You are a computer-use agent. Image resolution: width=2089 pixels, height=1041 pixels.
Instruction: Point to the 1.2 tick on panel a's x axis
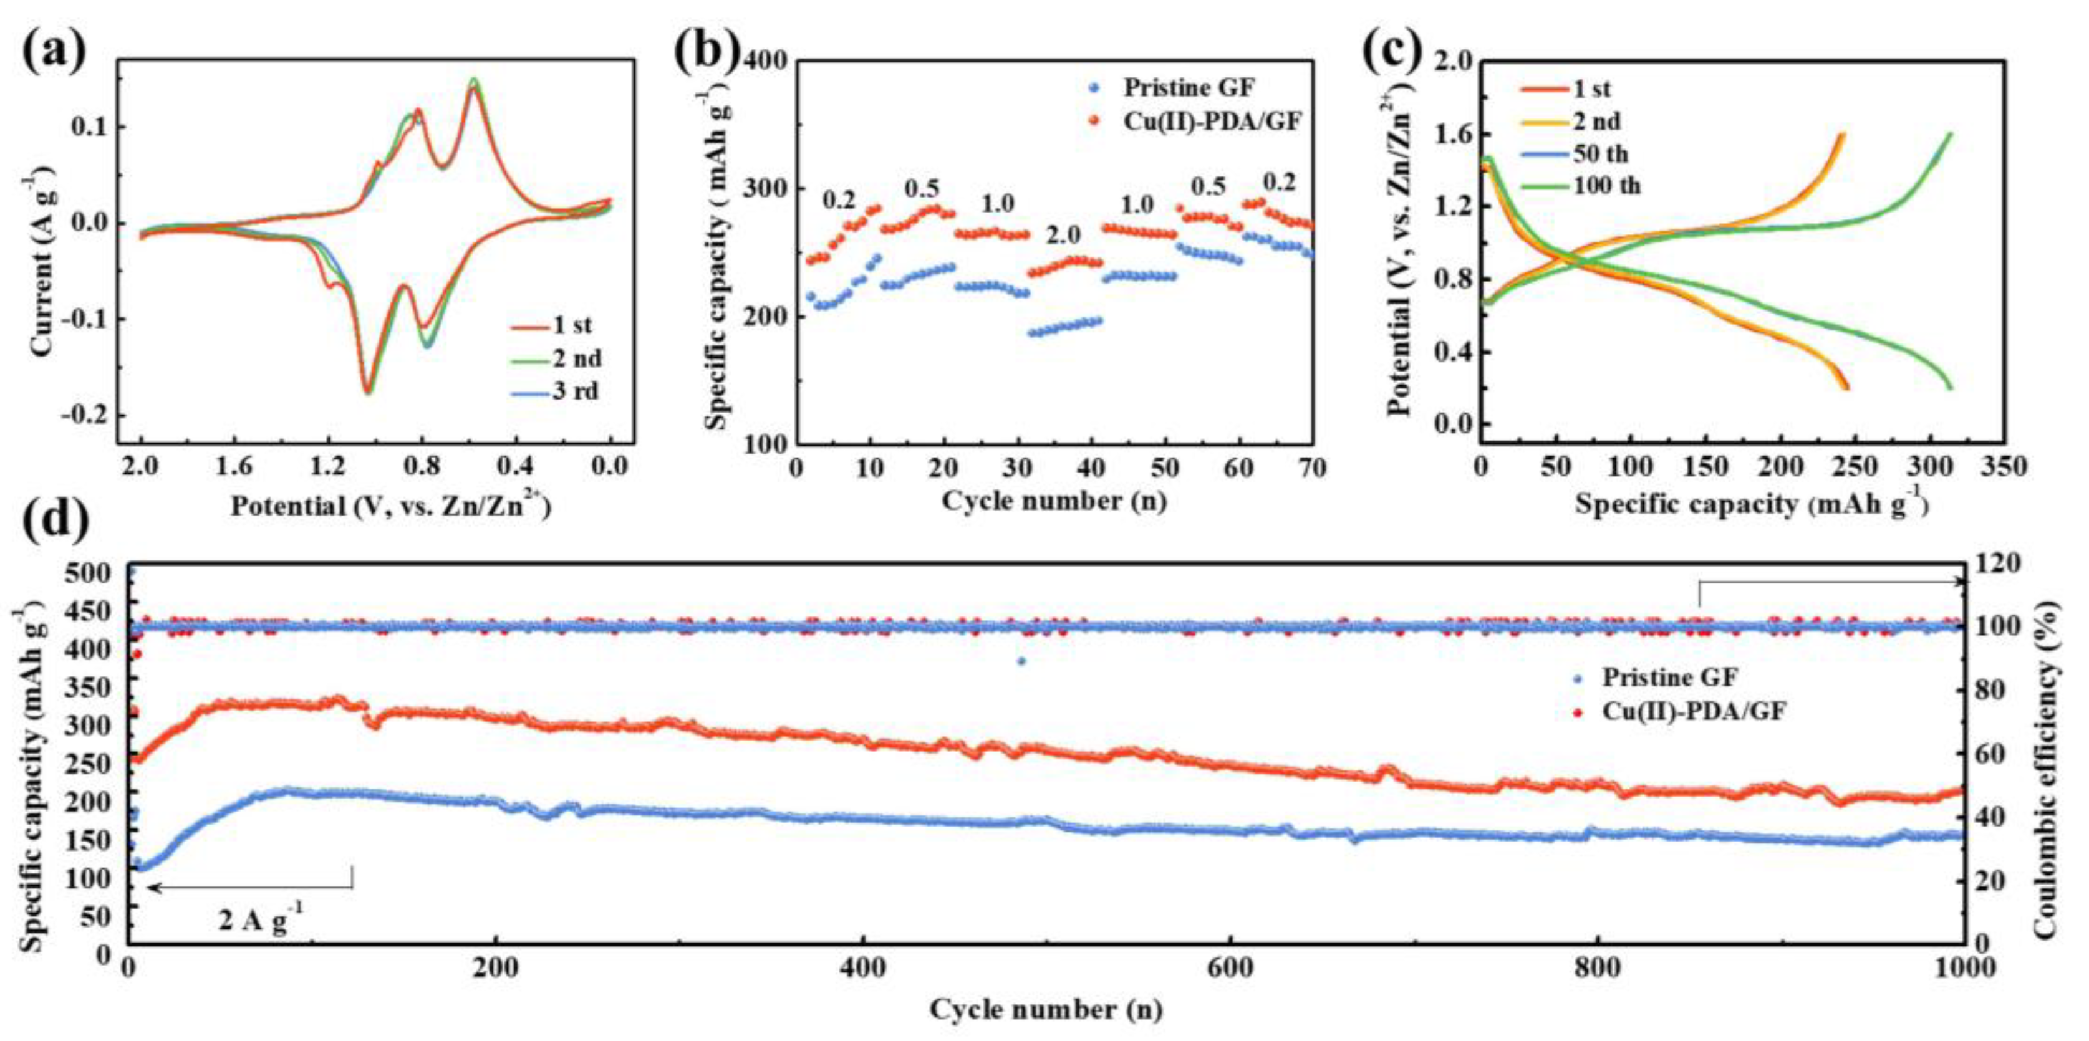(x=327, y=468)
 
